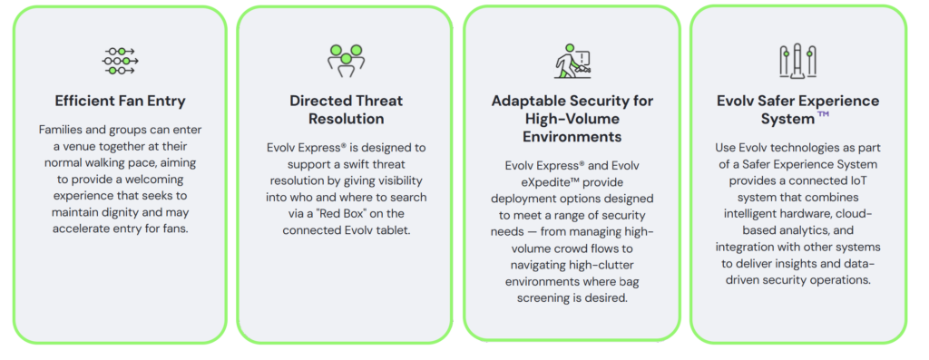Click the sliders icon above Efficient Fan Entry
tap(121, 61)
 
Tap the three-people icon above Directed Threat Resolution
tap(346, 61)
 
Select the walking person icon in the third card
tap(572, 61)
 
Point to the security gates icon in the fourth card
tap(797, 61)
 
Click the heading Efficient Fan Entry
tap(121, 101)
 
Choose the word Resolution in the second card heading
tap(346, 119)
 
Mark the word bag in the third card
tap(630, 281)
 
